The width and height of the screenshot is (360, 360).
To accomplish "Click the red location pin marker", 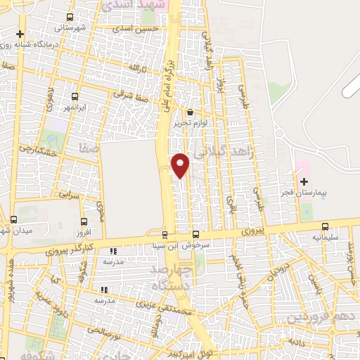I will (x=181, y=164).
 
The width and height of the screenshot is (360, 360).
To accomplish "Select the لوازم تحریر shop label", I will (x=191, y=124).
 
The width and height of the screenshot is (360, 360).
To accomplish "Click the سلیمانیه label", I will (x=325, y=237).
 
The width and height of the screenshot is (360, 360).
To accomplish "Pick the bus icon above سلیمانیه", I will (x=325, y=226).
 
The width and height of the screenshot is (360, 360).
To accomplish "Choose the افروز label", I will (x=83, y=232).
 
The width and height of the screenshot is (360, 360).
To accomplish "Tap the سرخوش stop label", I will (x=197, y=246).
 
